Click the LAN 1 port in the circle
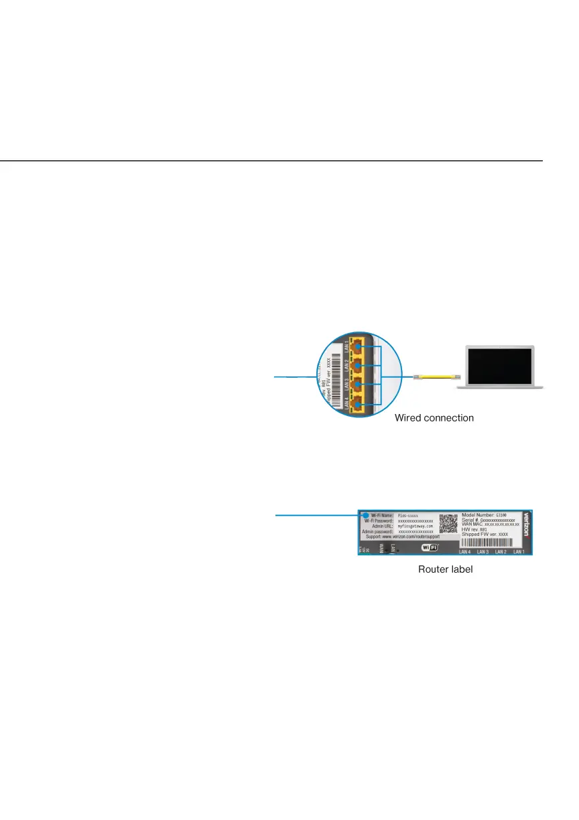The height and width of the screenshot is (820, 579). tap(359, 346)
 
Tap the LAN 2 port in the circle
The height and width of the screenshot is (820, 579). tap(359, 366)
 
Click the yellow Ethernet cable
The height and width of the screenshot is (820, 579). tap(436, 378)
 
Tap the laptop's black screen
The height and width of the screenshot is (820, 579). tap(497, 366)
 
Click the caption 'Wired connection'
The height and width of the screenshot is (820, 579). tap(434, 418)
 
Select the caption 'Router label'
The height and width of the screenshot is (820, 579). tap(445, 570)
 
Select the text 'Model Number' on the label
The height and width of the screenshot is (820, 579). tap(477, 515)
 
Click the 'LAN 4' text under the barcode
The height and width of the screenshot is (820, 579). tap(465, 553)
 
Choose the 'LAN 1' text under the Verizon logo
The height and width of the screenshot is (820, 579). tap(519, 553)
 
